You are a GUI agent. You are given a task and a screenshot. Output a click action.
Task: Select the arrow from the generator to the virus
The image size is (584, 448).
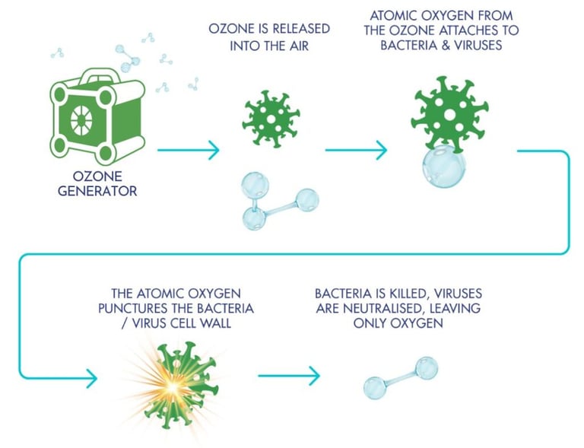(188, 150)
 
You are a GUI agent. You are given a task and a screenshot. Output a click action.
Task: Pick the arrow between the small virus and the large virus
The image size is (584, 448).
(356, 150)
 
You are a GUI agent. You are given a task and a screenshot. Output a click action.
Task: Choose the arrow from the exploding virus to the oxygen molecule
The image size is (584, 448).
(288, 375)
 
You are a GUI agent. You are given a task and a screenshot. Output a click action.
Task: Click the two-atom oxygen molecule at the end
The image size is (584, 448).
(401, 377)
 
